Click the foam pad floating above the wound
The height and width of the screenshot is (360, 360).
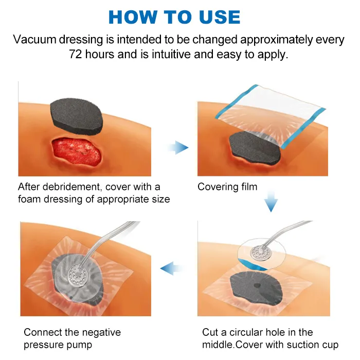77,114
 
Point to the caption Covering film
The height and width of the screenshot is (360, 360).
227,187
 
